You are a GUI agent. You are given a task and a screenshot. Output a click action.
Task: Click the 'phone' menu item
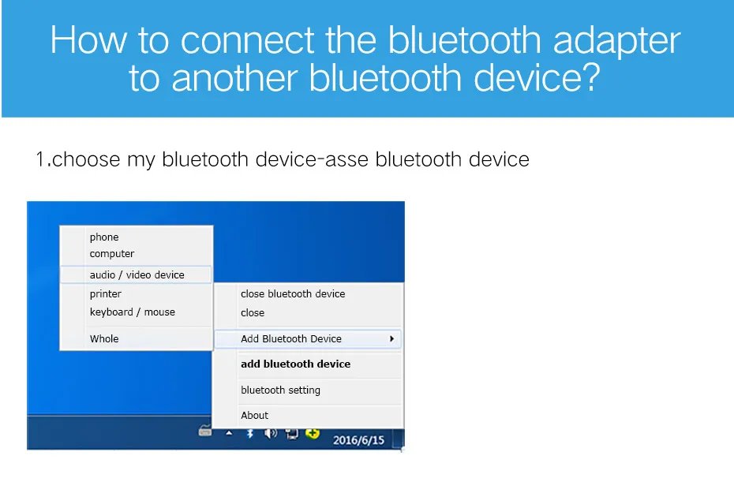click(x=104, y=237)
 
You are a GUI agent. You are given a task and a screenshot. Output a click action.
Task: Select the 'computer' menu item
click(x=112, y=253)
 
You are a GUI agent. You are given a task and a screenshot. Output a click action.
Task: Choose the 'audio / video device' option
click(x=137, y=274)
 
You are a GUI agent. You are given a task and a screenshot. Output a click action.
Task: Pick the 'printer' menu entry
click(x=105, y=293)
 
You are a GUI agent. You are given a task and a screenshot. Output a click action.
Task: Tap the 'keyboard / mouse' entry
click(x=133, y=312)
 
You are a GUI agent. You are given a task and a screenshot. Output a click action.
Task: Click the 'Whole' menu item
click(x=104, y=338)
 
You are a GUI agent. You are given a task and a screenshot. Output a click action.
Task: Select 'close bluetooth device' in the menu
click(x=293, y=293)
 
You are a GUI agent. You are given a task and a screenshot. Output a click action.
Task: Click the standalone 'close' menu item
click(x=253, y=312)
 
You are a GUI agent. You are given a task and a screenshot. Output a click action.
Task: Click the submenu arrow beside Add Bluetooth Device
click(x=391, y=338)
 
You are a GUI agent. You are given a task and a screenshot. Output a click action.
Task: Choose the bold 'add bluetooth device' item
click(x=295, y=364)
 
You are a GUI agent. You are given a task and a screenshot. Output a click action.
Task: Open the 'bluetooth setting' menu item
click(x=280, y=390)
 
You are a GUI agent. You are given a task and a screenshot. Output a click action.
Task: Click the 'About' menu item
click(x=255, y=416)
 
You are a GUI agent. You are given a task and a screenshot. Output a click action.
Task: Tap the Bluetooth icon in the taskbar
click(x=250, y=434)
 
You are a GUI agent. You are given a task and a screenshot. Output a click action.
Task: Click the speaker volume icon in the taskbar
click(x=271, y=434)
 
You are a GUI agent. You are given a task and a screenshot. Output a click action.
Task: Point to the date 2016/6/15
click(x=358, y=440)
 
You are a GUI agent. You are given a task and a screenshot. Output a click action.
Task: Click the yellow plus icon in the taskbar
click(x=313, y=434)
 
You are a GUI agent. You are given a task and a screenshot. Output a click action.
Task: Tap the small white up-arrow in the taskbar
click(x=229, y=433)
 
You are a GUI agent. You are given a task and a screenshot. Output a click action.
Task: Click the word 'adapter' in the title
click(x=617, y=42)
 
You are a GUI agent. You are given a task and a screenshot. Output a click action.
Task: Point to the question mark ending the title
click(x=592, y=77)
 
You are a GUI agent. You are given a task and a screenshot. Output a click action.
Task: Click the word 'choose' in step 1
click(x=86, y=159)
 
